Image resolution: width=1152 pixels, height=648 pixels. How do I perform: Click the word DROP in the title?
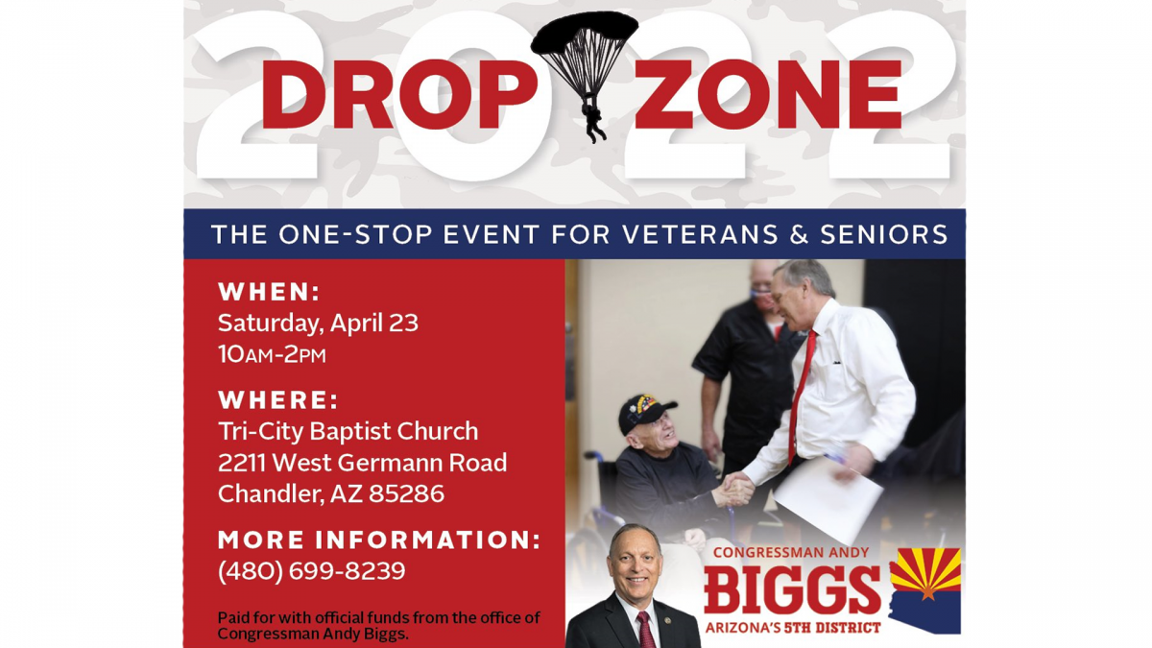[x=395, y=95]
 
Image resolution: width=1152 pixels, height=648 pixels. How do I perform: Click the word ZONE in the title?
[x=768, y=95]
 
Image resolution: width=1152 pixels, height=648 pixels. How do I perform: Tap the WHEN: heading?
[x=269, y=292]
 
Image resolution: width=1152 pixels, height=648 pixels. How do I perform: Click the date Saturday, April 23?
[x=318, y=323]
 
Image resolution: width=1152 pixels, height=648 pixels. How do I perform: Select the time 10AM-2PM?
[x=272, y=354]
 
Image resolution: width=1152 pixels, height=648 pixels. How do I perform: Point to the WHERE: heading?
[x=278, y=400]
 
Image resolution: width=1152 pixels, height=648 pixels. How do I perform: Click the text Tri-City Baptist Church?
[x=348, y=432]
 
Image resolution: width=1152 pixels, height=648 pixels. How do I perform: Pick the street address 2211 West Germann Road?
[x=362, y=463]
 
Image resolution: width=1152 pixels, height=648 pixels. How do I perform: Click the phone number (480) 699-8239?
[x=311, y=571]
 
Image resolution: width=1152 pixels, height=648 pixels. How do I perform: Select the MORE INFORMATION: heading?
[x=379, y=540]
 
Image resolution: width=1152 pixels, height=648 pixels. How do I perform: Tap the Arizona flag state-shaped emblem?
[x=924, y=588]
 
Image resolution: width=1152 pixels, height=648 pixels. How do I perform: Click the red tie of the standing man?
[x=800, y=394]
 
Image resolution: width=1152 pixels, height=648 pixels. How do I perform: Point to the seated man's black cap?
[x=645, y=412]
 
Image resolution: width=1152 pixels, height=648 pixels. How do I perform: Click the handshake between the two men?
[x=734, y=491]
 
